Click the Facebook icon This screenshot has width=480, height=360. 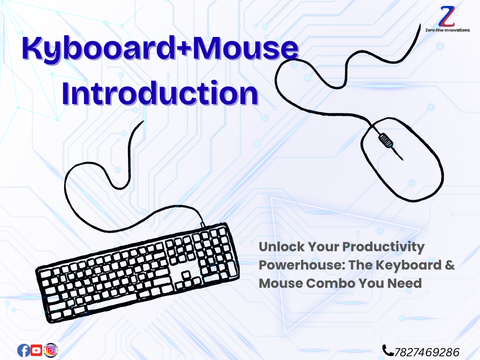(x=23, y=351)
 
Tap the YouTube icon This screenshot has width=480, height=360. (x=37, y=350)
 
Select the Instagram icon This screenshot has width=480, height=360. (x=51, y=350)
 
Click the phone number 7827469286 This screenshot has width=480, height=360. (x=427, y=352)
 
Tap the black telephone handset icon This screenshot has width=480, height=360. (x=388, y=351)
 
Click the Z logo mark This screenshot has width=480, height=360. (x=447, y=17)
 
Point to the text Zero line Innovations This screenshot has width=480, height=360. (x=447, y=30)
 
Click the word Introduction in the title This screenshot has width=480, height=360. (x=160, y=93)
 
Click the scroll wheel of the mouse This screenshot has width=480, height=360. (x=386, y=141)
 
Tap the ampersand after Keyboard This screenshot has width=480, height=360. (x=450, y=265)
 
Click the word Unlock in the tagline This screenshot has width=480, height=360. (x=282, y=247)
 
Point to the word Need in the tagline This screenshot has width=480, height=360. (x=405, y=283)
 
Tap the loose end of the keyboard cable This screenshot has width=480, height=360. (x=143, y=121)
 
